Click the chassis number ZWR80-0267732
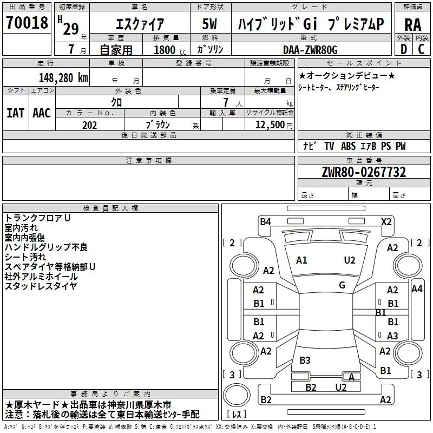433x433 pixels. [364, 172]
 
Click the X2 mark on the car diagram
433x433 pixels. [386, 221]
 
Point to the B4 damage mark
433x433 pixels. [265, 221]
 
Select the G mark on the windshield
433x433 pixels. [342, 285]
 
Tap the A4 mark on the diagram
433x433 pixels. [417, 289]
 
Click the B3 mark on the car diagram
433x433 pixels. [305, 360]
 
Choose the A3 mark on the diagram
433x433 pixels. [393, 336]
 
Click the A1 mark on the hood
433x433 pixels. [301, 260]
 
